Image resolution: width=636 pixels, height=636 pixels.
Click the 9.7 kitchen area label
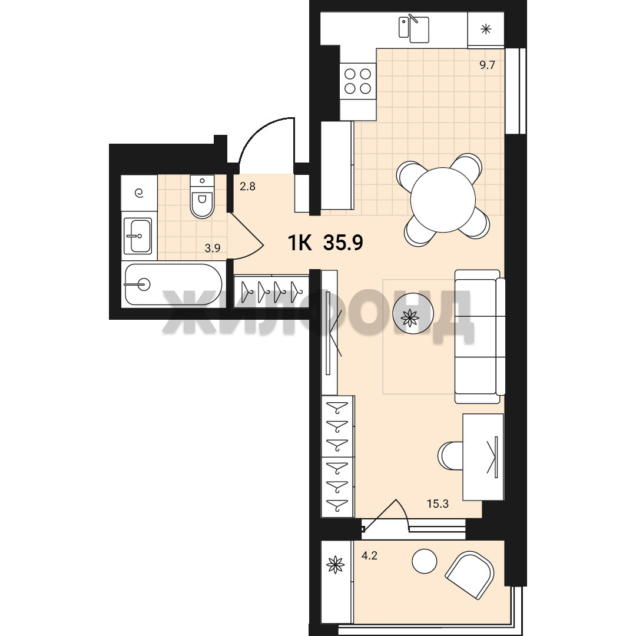click(x=487, y=65)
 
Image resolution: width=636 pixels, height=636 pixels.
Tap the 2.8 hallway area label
click(x=247, y=187)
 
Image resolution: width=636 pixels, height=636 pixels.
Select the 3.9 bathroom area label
click(x=213, y=248)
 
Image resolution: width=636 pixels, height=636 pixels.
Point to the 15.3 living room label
click(x=438, y=503)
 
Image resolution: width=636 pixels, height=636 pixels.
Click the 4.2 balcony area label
click(x=369, y=555)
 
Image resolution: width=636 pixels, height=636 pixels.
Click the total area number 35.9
click(x=343, y=243)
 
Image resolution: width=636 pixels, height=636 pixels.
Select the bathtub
click(x=173, y=284)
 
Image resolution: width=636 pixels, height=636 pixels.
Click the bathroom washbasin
click(x=137, y=236)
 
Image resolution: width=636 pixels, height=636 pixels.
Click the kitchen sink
click(x=414, y=29)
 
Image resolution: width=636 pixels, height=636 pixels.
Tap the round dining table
click(x=442, y=200)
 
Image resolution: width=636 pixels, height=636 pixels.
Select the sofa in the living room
click(x=479, y=336)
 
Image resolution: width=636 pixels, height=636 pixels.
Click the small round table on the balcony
click(x=424, y=561)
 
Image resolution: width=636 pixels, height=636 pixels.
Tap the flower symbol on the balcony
click(x=336, y=565)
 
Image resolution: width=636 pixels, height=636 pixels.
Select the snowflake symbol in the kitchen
click(x=485, y=29)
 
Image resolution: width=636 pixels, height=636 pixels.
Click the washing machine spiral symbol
click(x=139, y=193)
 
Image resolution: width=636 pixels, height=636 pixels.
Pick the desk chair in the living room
click(x=450, y=456)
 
